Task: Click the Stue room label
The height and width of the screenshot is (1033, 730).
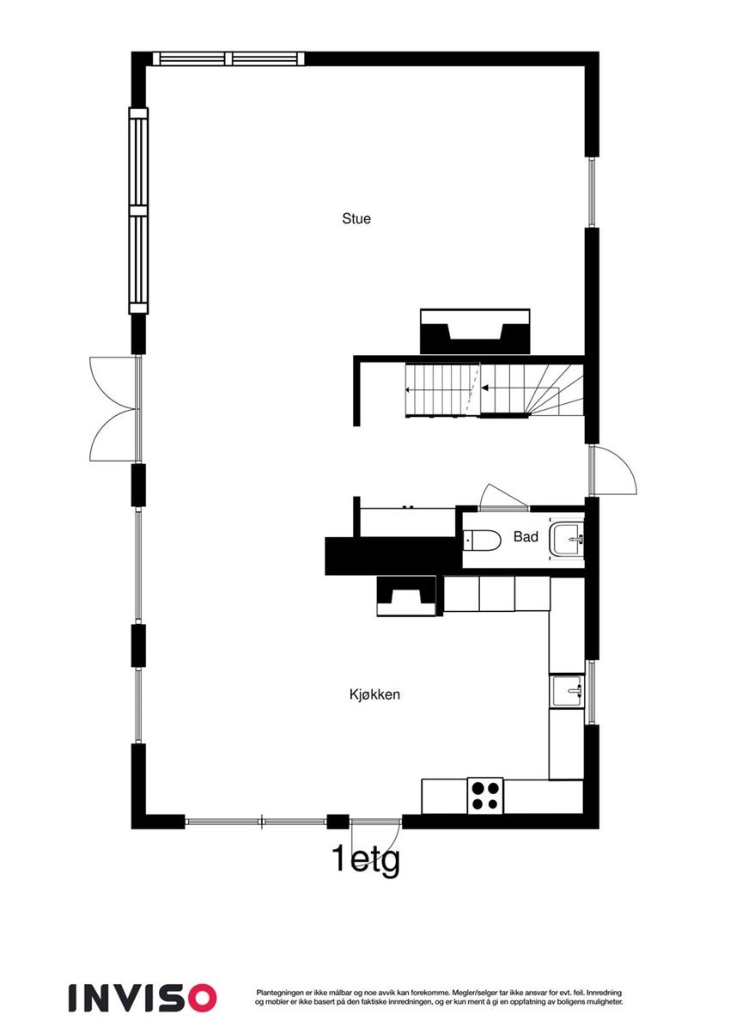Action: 356,219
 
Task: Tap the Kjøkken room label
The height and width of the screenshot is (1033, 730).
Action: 374,694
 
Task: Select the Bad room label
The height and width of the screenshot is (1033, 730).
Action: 526,537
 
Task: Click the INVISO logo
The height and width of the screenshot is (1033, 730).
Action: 143,997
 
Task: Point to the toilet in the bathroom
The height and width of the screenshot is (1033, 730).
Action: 483,541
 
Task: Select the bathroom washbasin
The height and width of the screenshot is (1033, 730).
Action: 568,540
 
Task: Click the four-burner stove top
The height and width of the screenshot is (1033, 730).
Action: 484,795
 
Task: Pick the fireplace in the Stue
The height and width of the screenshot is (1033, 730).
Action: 475,331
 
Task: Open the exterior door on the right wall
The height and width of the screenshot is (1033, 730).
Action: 611,470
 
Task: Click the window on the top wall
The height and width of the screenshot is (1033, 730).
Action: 228,58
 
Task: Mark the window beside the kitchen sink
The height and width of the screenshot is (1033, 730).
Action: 591,691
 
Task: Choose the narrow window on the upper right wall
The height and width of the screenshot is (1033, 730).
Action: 591,193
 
